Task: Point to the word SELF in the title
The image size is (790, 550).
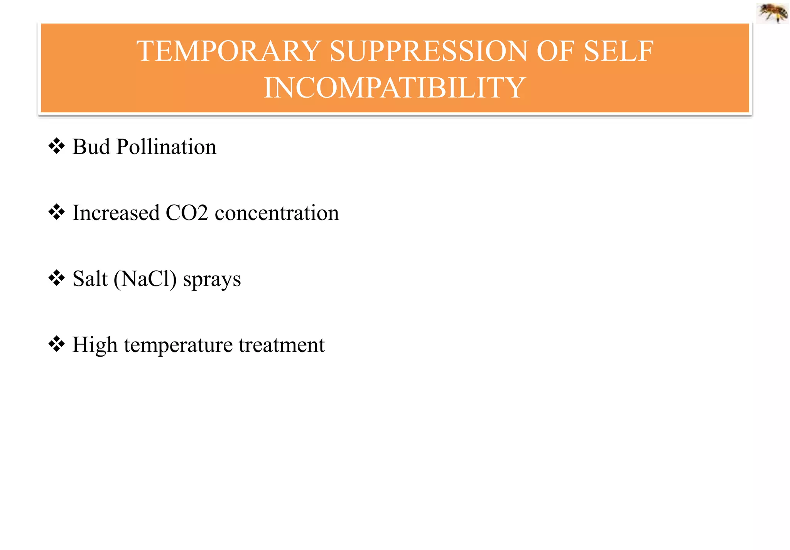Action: tap(619, 51)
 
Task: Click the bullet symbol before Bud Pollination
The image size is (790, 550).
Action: tap(56, 146)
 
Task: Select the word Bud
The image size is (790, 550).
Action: tap(91, 147)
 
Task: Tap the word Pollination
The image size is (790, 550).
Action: tap(166, 147)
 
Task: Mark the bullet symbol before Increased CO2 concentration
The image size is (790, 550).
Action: tap(56, 212)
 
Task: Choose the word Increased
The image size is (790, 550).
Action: tap(116, 213)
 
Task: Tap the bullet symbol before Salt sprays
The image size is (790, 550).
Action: tap(56, 278)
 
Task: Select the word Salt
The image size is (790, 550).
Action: tap(90, 279)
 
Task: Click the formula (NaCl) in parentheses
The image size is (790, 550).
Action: tap(145, 279)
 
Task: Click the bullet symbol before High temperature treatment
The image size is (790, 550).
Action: tap(56, 344)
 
